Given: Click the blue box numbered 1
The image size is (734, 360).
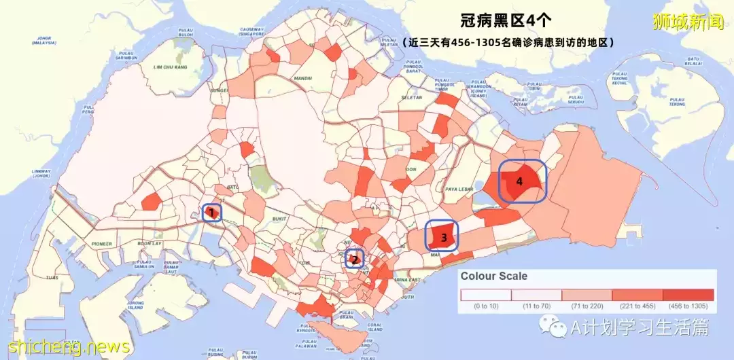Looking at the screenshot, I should tap(212, 213).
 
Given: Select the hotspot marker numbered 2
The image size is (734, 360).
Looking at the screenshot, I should tap(354, 259).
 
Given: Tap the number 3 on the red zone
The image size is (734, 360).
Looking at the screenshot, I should tap(443, 237).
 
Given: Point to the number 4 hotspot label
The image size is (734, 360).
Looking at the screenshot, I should tap(520, 181).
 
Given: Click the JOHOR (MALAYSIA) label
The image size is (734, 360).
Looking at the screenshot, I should tap(42, 40).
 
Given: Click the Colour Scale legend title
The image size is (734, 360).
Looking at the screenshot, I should tap(494, 276).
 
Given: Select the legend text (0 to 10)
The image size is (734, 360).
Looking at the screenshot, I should tap(485, 306).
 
